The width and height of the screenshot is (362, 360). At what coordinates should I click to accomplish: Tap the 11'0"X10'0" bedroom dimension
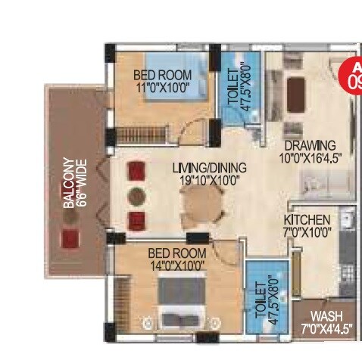162,88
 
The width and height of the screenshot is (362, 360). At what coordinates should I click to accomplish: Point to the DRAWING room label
310,145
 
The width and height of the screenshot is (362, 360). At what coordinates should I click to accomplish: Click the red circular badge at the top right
353,74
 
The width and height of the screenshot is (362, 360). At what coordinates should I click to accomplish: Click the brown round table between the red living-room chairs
136,193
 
